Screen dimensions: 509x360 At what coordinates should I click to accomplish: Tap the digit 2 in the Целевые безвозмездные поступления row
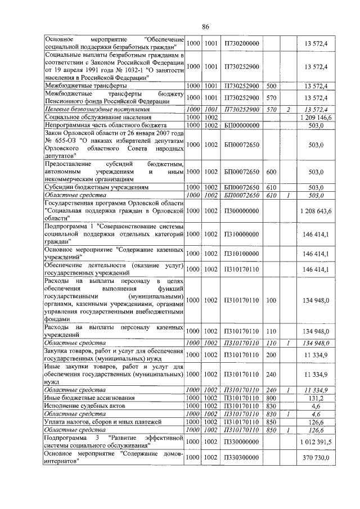[288, 109]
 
